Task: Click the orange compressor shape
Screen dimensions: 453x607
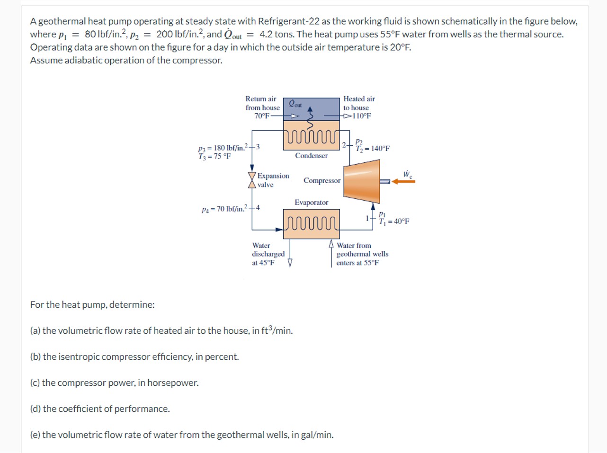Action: pyautogui.click(x=362, y=181)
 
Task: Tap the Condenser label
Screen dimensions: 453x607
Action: pyautogui.click(x=311, y=156)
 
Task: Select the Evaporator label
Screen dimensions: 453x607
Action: pyautogui.click(x=311, y=203)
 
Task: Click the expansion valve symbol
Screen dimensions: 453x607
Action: pyautogui.click(x=252, y=180)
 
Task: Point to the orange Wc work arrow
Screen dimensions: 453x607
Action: pyautogui.click(x=403, y=181)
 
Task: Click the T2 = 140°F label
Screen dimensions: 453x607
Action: pyautogui.click(x=373, y=149)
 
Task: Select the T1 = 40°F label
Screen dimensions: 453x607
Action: pyautogui.click(x=394, y=221)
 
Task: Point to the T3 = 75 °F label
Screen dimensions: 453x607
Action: pyautogui.click(x=214, y=156)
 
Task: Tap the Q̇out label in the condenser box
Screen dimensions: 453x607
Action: pyautogui.click(x=295, y=104)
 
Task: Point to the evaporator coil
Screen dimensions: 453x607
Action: pyautogui.click(x=311, y=222)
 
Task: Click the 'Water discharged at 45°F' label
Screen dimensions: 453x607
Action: pyautogui.click(x=268, y=254)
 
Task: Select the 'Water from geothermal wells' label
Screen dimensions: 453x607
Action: pyautogui.click(x=362, y=254)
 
